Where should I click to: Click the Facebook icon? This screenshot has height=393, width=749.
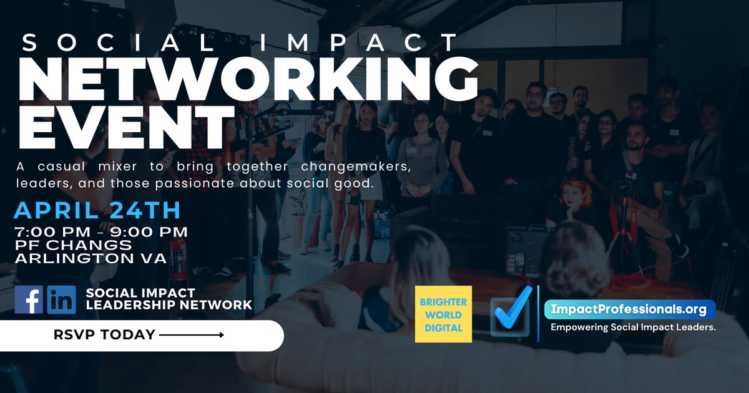tap(29, 299)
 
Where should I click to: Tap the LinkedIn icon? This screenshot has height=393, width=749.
tap(61, 299)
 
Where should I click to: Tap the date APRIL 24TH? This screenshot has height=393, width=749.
tap(97, 210)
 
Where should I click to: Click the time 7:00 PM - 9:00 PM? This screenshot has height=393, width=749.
tap(101, 233)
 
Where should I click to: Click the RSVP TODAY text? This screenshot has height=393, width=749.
tap(104, 335)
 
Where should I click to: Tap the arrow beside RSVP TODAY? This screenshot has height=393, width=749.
tap(192, 336)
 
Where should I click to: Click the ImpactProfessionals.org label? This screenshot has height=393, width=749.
tap(629, 309)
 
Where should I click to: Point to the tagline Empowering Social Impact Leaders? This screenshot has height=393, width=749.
tap(632, 327)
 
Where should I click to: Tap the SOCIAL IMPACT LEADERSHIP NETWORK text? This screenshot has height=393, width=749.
tap(169, 299)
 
